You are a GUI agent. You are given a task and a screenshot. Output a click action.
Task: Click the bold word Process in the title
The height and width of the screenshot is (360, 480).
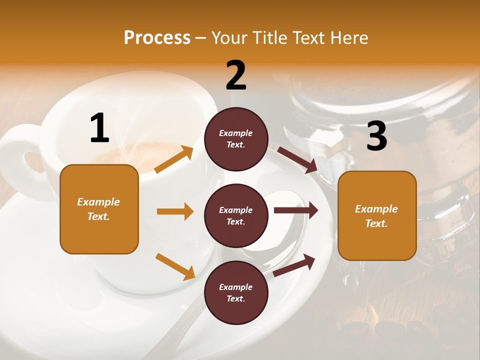pos(157,37)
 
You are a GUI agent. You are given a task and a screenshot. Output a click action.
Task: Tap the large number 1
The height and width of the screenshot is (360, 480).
pos(99,128)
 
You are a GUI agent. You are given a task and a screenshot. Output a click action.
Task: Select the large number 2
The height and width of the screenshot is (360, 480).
pos(236,75)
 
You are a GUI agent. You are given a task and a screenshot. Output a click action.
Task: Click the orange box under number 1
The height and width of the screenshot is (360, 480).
pos(99,209)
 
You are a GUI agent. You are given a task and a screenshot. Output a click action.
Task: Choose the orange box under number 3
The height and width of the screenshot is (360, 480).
pos(377,215)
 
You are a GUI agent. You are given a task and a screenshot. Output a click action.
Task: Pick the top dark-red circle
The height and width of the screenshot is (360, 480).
pos(236,138)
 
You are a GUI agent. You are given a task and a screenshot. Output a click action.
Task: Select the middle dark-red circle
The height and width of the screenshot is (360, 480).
pos(236,215)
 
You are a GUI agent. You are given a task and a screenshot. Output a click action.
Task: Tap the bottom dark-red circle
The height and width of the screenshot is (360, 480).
pos(236,292)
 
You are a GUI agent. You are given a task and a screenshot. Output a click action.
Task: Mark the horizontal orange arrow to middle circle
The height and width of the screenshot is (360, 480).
pos(175,211)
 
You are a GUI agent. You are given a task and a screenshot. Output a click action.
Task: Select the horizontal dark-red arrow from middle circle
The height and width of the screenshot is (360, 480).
pos(295,210)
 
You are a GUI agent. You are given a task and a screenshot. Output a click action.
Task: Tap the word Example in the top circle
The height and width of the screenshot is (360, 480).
pos(236,133)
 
